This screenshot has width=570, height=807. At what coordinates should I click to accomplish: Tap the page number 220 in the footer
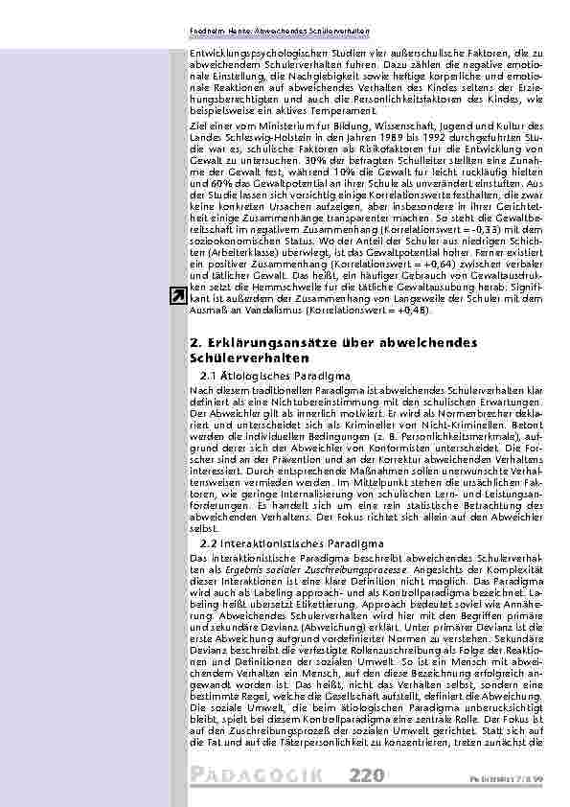[x=368, y=775]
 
